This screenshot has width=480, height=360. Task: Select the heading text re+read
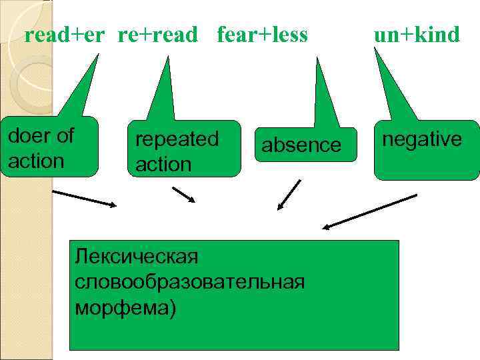pyautogui.click(x=158, y=35)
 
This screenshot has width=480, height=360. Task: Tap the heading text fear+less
pyautogui.click(x=262, y=35)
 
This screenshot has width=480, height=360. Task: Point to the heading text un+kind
pyautogui.click(x=417, y=35)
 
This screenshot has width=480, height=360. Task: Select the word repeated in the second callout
pyautogui.click(x=177, y=139)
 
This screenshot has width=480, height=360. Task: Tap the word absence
pyautogui.click(x=301, y=145)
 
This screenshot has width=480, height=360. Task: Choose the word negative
pyautogui.click(x=421, y=139)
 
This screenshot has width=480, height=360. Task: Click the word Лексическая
pyautogui.click(x=137, y=255)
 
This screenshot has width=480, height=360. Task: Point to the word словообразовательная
pyautogui.click(x=190, y=281)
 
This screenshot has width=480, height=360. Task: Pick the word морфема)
pyautogui.click(x=127, y=307)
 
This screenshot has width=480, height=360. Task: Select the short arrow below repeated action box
pyautogui.click(x=184, y=195)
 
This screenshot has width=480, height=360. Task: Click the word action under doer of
pyautogui.click(x=37, y=161)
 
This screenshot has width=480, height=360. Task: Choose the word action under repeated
pyautogui.click(x=163, y=164)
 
